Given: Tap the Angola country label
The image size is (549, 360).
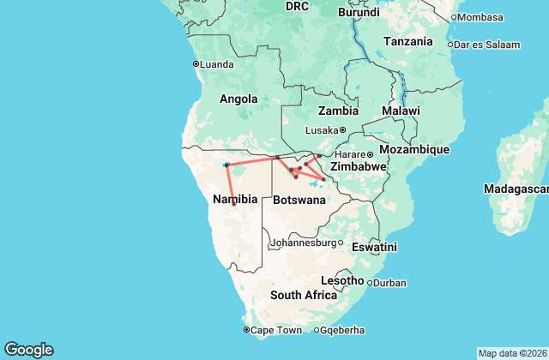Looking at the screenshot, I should tap(238, 99).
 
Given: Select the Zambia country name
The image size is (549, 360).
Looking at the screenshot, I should tap(337, 111).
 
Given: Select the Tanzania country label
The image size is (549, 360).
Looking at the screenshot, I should tap(408, 41).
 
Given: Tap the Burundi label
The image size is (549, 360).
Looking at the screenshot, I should tap(359, 13).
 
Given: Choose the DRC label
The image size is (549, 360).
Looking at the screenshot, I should tap(297, 6).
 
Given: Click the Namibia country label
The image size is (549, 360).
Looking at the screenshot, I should tap(234, 198).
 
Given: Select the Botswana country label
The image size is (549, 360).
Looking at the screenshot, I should tap(299, 200).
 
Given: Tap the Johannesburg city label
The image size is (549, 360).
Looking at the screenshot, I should tap(301, 243).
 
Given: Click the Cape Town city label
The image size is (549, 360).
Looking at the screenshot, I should tap(276, 330).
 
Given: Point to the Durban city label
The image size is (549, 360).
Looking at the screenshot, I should tap(390, 282).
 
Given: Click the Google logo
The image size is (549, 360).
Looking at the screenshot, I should tap(28, 350).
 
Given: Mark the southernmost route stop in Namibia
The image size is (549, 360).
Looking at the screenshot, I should tap(233, 204).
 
